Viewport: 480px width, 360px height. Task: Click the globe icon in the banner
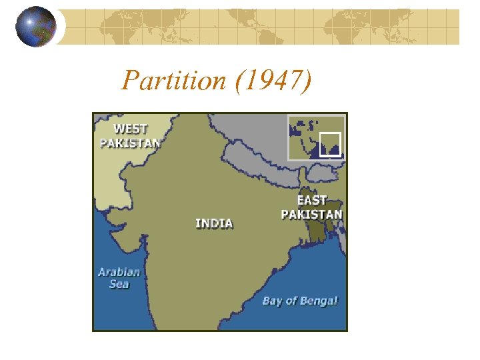(x=36, y=26)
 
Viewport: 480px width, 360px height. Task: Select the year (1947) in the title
(x=273, y=81)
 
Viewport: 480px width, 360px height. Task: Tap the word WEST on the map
(x=130, y=129)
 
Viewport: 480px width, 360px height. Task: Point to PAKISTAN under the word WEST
(x=130, y=142)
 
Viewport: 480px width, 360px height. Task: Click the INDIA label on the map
(x=214, y=223)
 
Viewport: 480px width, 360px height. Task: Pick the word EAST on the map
(x=312, y=200)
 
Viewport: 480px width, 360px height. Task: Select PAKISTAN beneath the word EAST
(x=311, y=214)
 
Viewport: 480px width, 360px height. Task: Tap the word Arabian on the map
(x=119, y=271)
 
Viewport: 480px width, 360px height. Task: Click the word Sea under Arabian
(x=119, y=284)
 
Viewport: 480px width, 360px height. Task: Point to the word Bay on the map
(x=273, y=301)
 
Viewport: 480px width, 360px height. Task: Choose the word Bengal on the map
(x=319, y=301)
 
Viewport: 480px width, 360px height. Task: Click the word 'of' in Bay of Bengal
(x=292, y=301)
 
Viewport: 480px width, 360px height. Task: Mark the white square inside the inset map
(x=329, y=144)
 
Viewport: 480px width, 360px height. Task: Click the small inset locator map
(x=316, y=137)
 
